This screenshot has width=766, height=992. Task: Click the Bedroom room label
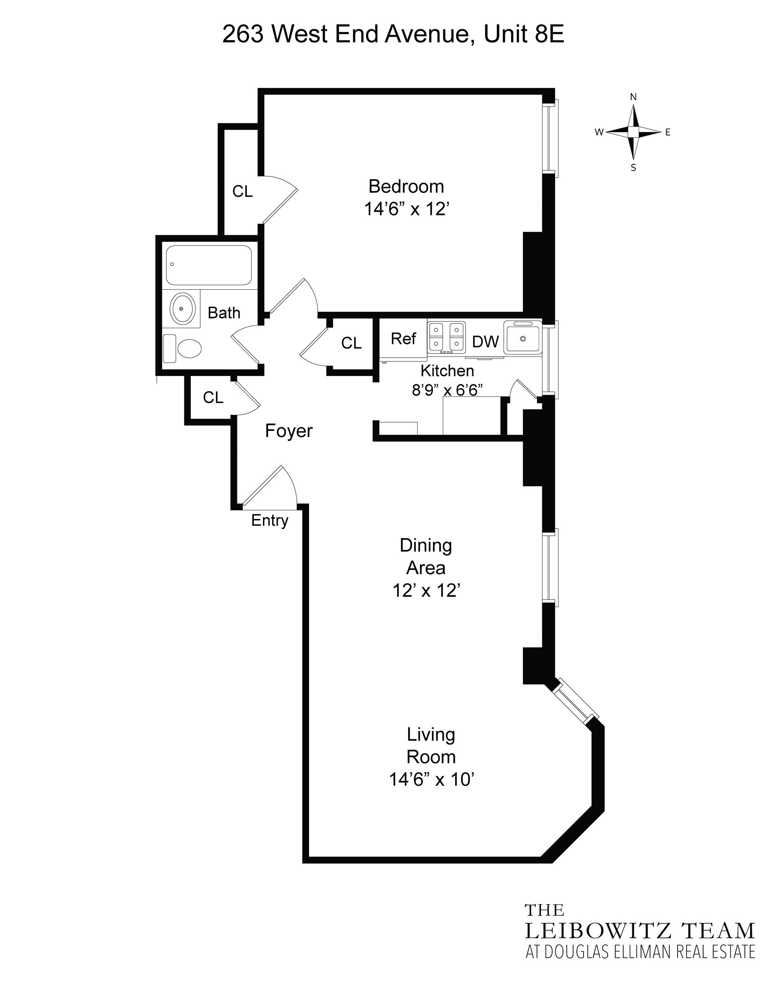point(406,186)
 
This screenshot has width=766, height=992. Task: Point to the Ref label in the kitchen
point(403,339)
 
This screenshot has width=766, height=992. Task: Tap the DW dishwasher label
point(486,342)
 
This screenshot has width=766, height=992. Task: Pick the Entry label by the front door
point(270,521)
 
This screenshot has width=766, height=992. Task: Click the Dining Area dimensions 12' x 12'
point(426,590)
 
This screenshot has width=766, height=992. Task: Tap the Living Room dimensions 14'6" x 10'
point(431,779)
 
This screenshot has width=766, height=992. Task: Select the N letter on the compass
point(634,97)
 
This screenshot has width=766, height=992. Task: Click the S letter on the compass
point(634,168)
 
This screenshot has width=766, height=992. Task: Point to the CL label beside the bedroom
point(243,192)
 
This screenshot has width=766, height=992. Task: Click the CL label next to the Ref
point(351,343)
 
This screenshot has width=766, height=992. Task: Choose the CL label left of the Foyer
point(213,398)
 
